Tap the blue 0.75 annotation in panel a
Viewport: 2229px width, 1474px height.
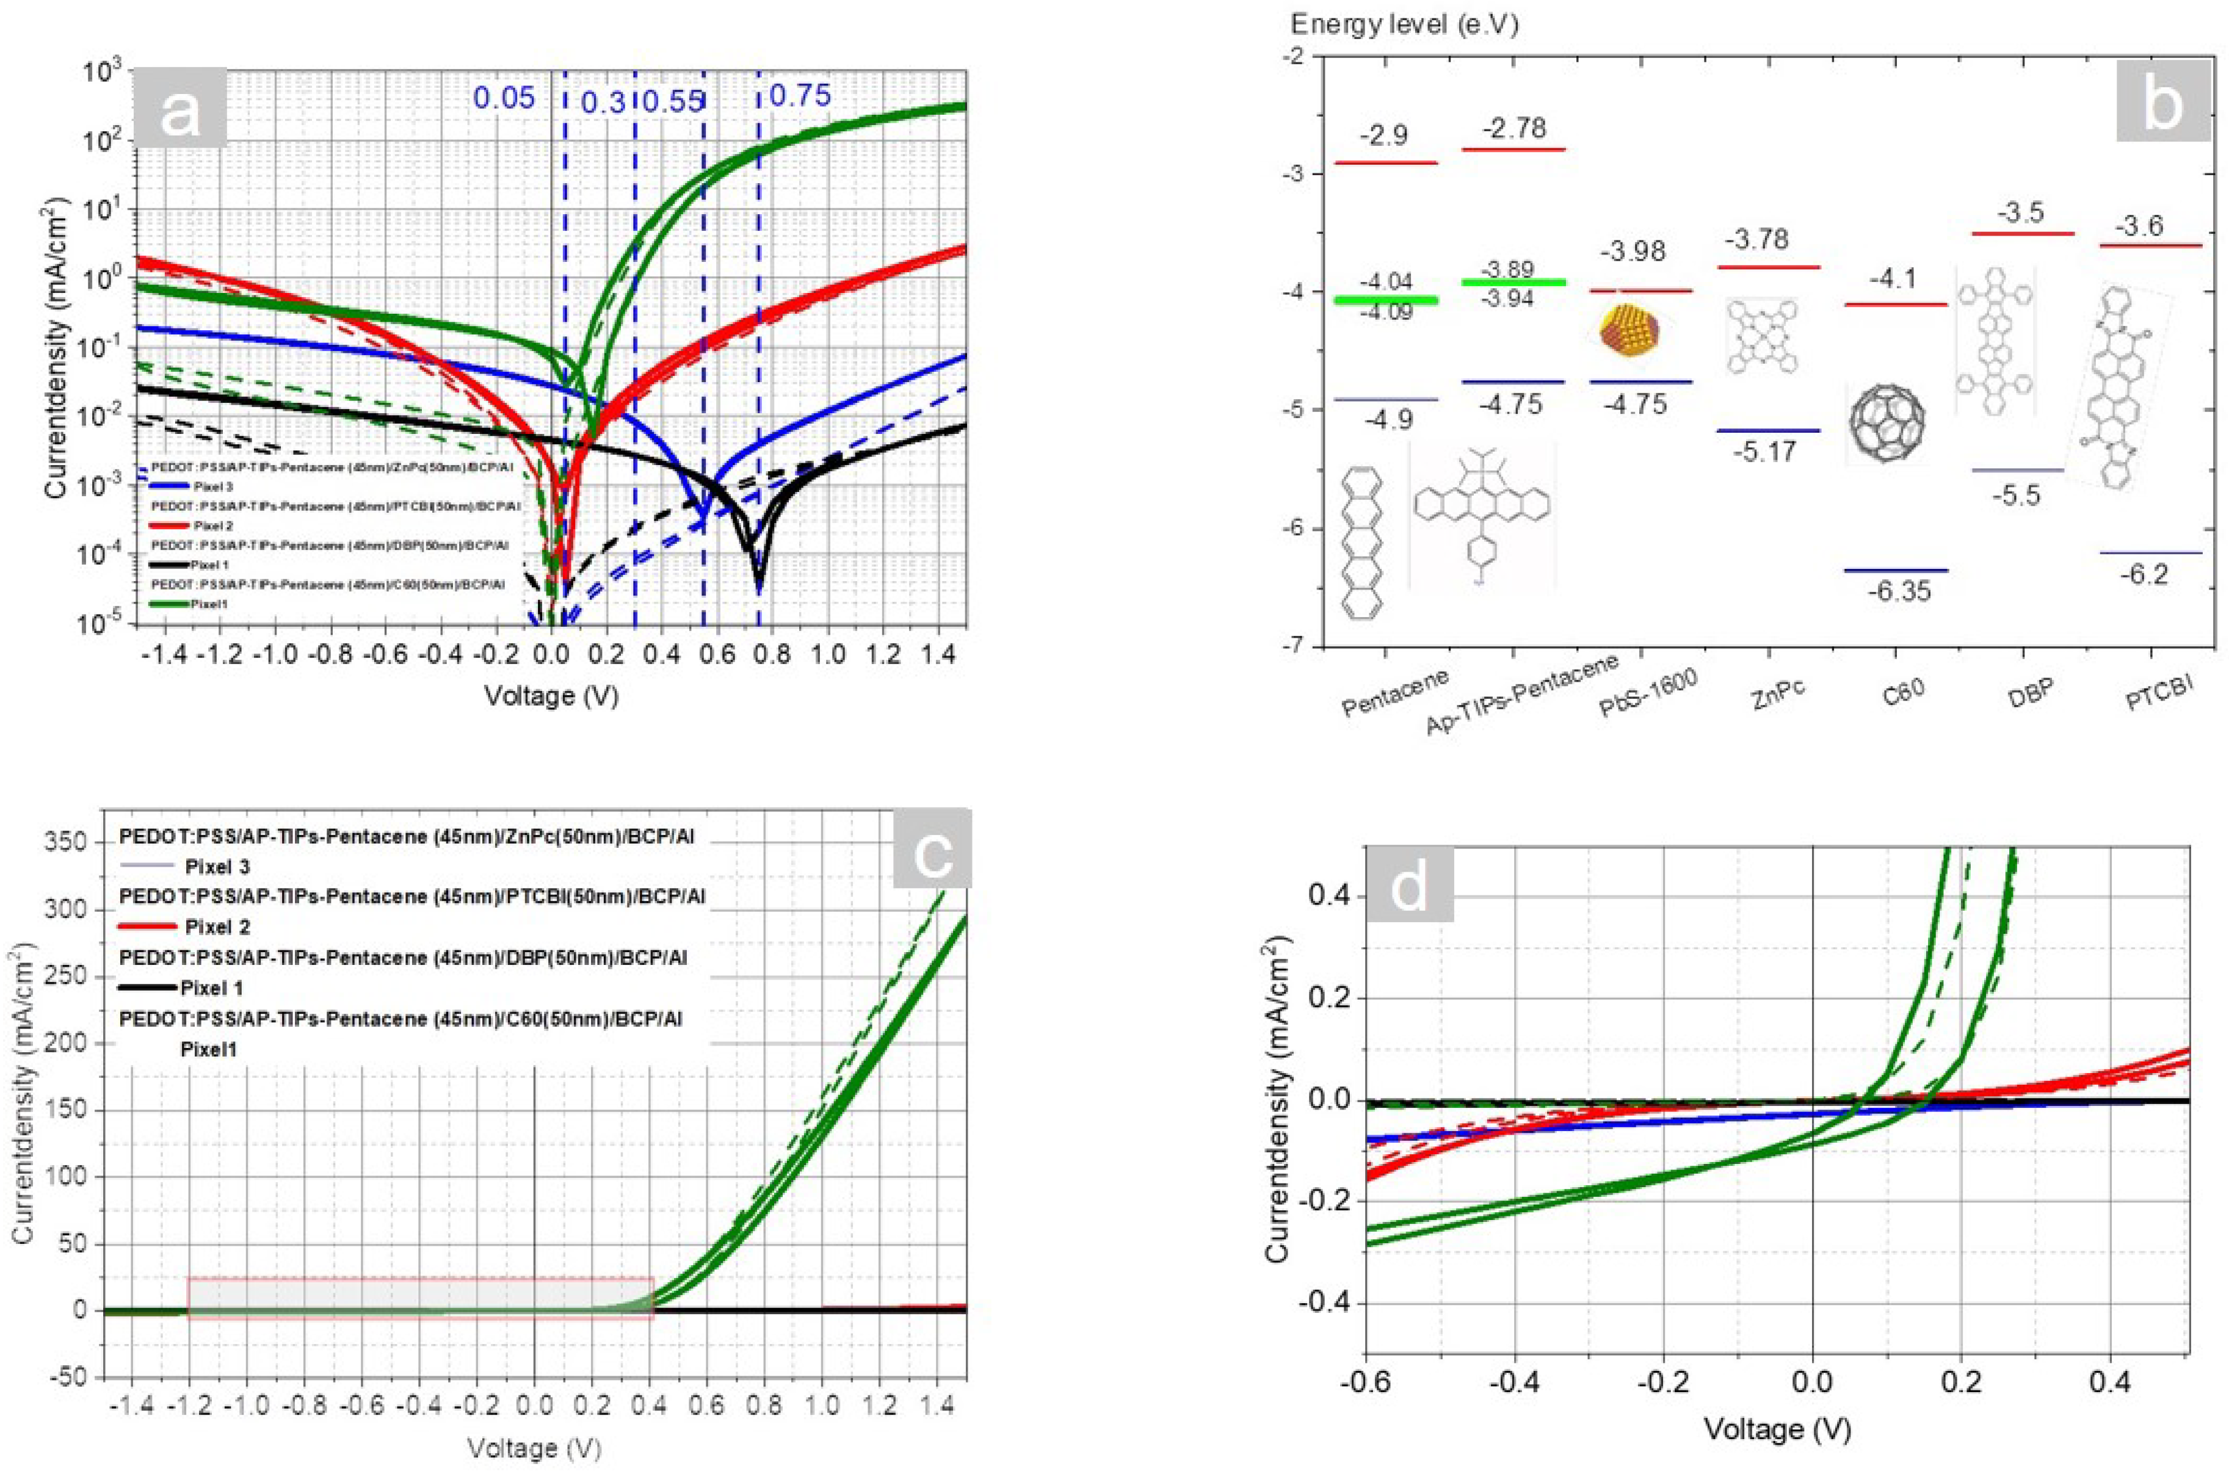[800, 95]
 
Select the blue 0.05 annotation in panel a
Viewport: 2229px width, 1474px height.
[504, 98]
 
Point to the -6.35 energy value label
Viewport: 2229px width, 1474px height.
[1898, 591]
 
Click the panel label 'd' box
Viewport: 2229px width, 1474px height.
[1408, 884]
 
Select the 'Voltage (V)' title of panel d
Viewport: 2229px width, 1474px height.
[1777, 1430]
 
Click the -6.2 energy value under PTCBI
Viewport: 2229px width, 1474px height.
[2144, 574]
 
